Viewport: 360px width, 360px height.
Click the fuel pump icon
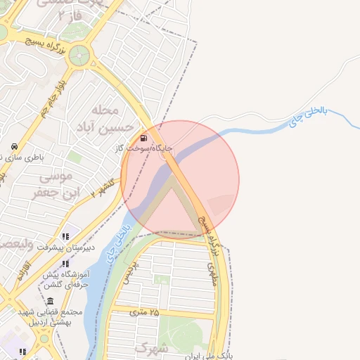tap(143, 137)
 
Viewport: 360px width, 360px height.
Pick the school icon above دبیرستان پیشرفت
tap(65, 236)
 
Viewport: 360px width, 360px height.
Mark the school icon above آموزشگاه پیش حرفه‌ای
tap(65, 263)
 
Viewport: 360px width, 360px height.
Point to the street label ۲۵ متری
tap(145, 311)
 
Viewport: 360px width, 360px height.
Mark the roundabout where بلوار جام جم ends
tap(79, 54)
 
